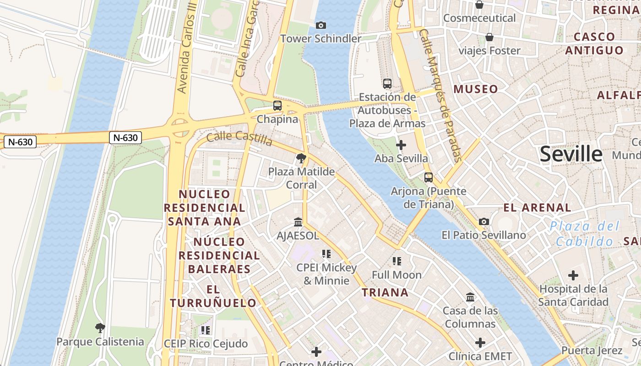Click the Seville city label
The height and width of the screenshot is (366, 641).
click(570, 154)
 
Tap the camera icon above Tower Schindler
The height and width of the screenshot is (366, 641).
click(321, 25)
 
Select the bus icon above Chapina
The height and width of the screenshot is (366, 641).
click(277, 106)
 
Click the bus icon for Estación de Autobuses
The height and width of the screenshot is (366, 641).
click(387, 83)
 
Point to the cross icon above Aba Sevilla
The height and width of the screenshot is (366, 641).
click(401, 145)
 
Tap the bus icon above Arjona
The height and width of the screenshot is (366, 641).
click(429, 178)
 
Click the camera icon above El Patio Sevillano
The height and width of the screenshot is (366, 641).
click(483, 222)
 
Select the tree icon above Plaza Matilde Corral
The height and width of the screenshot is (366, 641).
click(301, 159)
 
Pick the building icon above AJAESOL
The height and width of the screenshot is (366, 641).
click(298, 222)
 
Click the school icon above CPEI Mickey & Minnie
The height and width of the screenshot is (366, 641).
click(326, 254)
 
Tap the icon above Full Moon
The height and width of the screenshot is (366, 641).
click(397, 261)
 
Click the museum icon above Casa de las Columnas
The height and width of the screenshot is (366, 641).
click(470, 297)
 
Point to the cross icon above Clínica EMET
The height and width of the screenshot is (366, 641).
click(480, 343)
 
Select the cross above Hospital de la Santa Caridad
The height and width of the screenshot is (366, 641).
click(573, 275)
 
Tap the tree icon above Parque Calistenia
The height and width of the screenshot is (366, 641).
click(100, 328)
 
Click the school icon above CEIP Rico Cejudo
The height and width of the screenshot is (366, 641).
click(206, 330)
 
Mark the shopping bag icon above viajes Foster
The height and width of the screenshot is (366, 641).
click(489, 37)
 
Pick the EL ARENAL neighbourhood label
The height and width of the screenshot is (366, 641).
click(537, 208)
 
